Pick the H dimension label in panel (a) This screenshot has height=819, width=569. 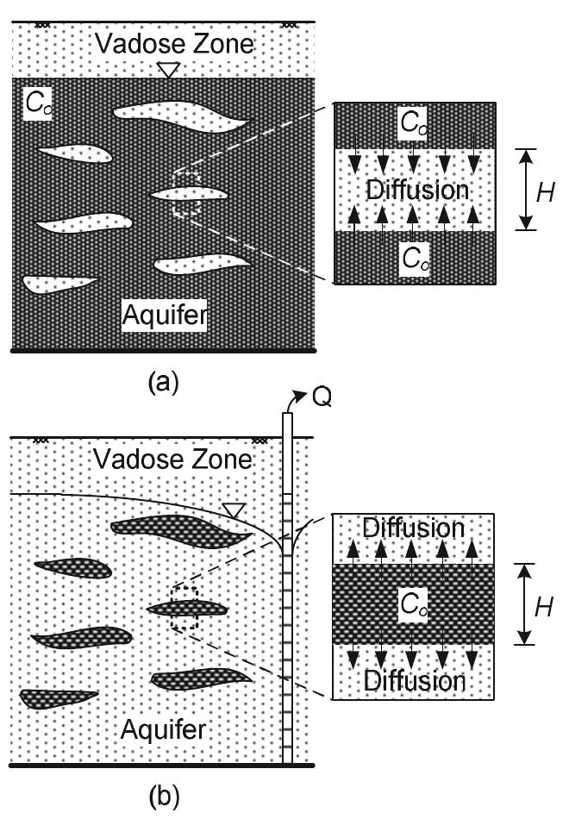tap(544, 191)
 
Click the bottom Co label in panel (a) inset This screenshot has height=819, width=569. tap(413, 256)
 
